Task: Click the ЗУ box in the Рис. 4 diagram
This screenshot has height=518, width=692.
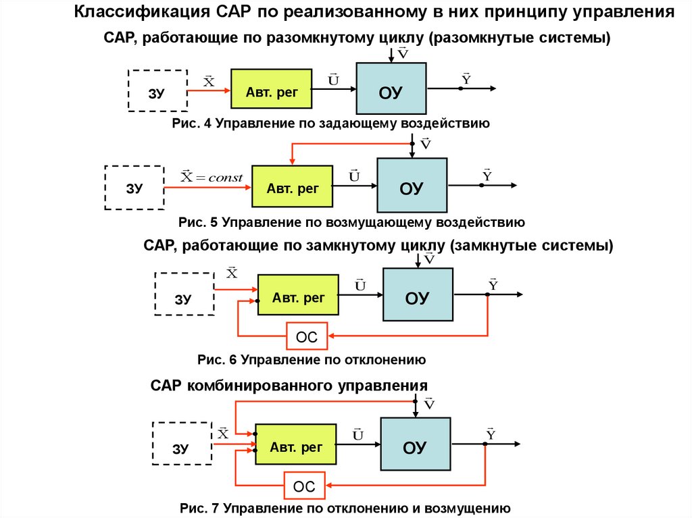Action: coord(157,90)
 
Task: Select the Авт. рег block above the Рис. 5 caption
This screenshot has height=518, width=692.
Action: coord(293,186)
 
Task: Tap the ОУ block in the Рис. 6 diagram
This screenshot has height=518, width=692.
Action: coord(417,294)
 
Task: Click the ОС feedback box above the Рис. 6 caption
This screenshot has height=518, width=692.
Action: coord(306,336)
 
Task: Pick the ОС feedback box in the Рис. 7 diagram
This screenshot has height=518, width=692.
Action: coord(303,485)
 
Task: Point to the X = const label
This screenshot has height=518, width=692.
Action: coord(212,178)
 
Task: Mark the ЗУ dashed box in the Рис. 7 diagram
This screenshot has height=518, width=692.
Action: coord(180,444)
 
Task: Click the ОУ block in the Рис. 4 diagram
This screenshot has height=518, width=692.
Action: coord(391,88)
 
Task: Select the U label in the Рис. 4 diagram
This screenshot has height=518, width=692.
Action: coord(333,80)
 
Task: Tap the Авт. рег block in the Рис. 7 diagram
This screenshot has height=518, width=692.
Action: coord(295,445)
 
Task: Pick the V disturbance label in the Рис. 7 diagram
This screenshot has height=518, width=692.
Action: coord(429,403)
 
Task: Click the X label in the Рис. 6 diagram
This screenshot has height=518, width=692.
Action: coord(231,273)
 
